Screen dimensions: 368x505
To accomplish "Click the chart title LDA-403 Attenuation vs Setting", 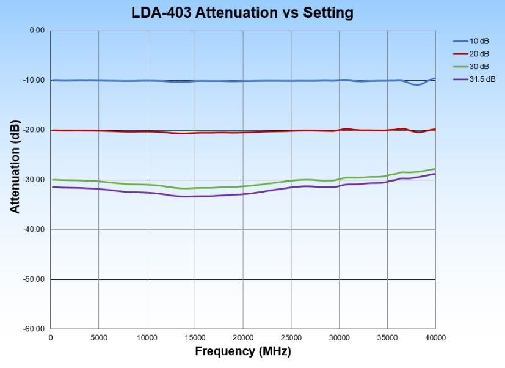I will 242,13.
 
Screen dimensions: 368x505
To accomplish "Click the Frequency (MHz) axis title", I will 243,351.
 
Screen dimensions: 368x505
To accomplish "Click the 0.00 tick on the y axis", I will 37,31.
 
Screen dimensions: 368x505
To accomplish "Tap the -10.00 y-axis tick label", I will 35,80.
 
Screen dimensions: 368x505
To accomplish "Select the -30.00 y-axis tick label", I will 35,180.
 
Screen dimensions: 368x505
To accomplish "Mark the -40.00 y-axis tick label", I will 35,230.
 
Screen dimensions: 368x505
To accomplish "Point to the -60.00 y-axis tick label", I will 35,329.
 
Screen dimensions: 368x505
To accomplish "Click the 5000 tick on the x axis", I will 98,338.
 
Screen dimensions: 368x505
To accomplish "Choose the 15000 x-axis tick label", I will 195,338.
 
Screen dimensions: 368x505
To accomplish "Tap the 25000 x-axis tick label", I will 291,338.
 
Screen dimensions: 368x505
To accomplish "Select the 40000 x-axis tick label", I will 435,338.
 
